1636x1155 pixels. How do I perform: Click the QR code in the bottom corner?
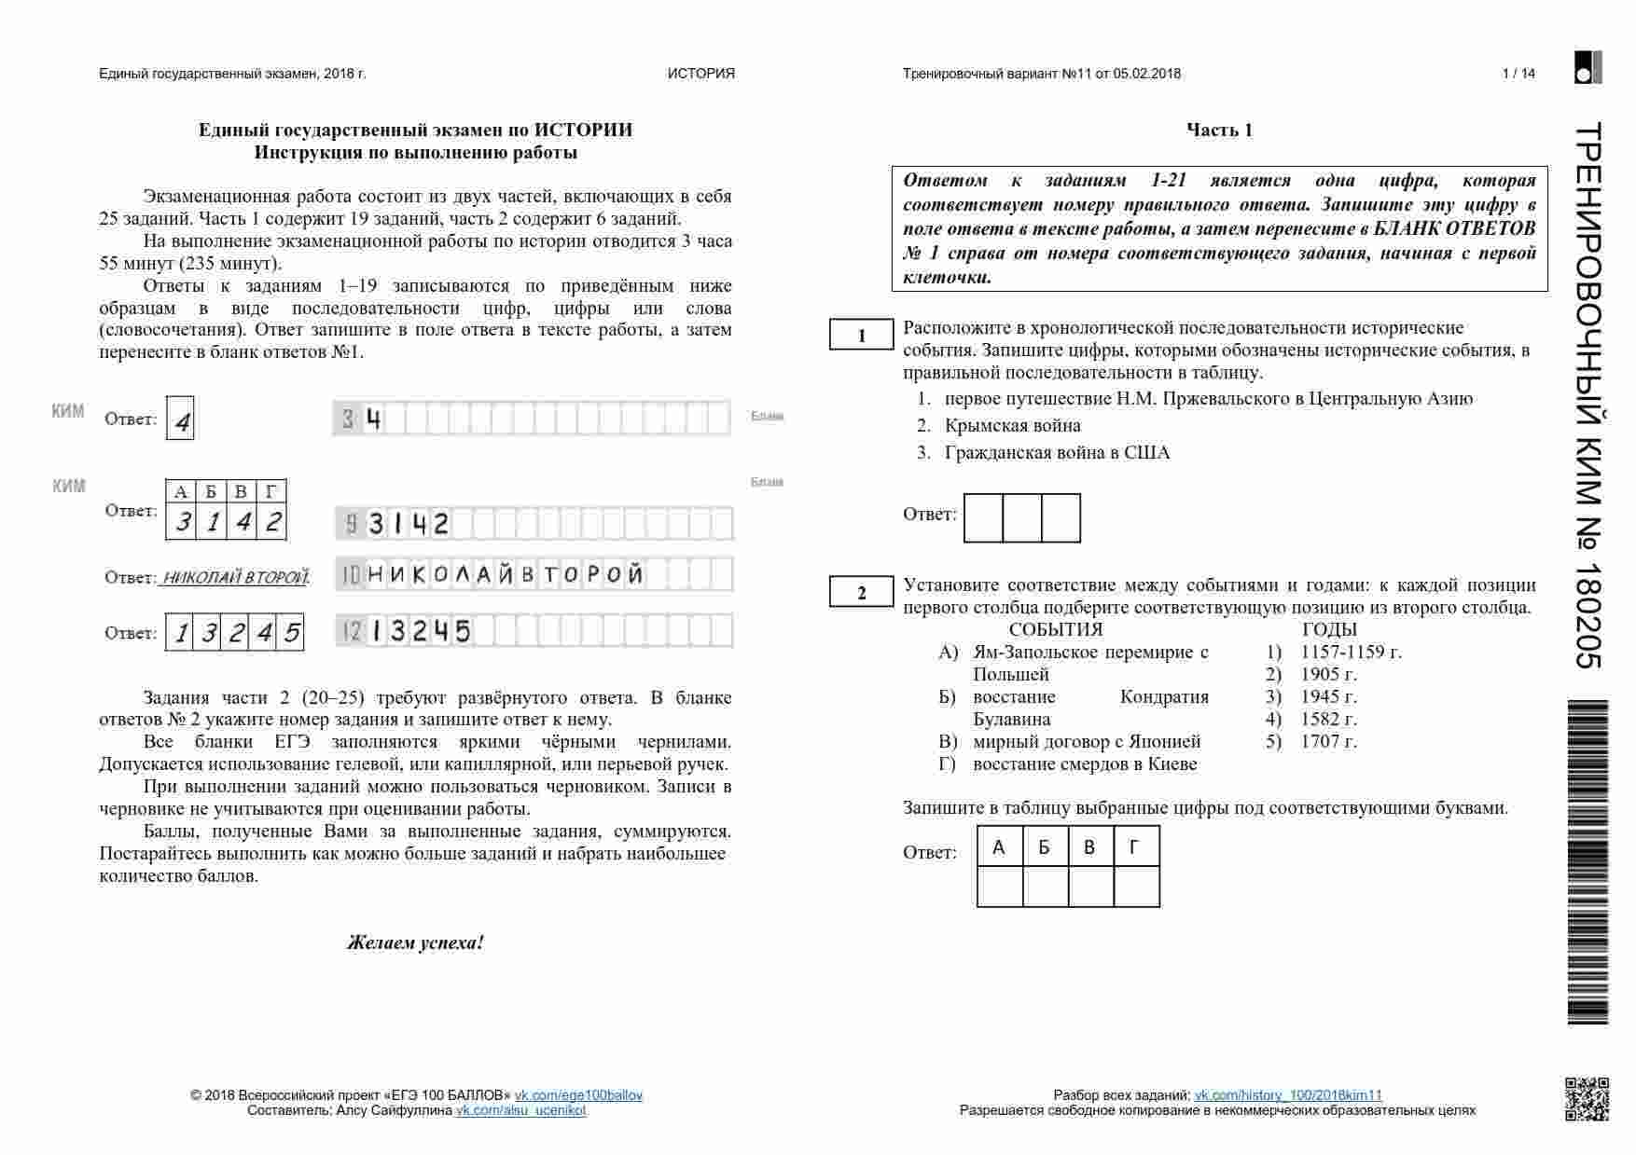click(x=1586, y=1098)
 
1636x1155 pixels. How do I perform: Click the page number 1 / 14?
click(x=1518, y=74)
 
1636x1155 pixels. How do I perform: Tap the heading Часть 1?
click(x=1219, y=131)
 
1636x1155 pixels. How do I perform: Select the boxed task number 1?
click(x=861, y=336)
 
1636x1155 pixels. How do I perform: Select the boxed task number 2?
click(x=861, y=593)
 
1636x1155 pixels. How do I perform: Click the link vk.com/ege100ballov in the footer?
click(x=578, y=1095)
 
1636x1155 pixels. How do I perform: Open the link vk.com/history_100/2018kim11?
click(x=1288, y=1095)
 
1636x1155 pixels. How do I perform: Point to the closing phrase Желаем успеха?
click(x=415, y=942)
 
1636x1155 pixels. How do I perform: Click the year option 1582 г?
click(x=1328, y=719)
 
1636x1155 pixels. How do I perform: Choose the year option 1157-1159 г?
click(x=1351, y=652)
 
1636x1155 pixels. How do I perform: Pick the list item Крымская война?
click(x=1012, y=426)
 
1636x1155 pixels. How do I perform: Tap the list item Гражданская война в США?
click(x=1056, y=453)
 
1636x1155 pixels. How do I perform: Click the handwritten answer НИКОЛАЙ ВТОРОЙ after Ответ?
click(x=235, y=578)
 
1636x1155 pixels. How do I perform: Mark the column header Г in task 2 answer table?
click(x=1135, y=847)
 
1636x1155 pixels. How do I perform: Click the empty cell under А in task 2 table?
click(x=1000, y=887)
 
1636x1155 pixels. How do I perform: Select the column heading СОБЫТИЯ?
click(x=1055, y=629)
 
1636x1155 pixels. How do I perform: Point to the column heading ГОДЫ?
click(x=1329, y=629)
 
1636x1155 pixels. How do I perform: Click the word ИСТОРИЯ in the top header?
click(x=700, y=74)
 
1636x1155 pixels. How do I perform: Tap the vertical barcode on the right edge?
click(x=1587, y=862)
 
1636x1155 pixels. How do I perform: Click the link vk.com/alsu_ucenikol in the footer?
click(x=520, y=1110)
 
